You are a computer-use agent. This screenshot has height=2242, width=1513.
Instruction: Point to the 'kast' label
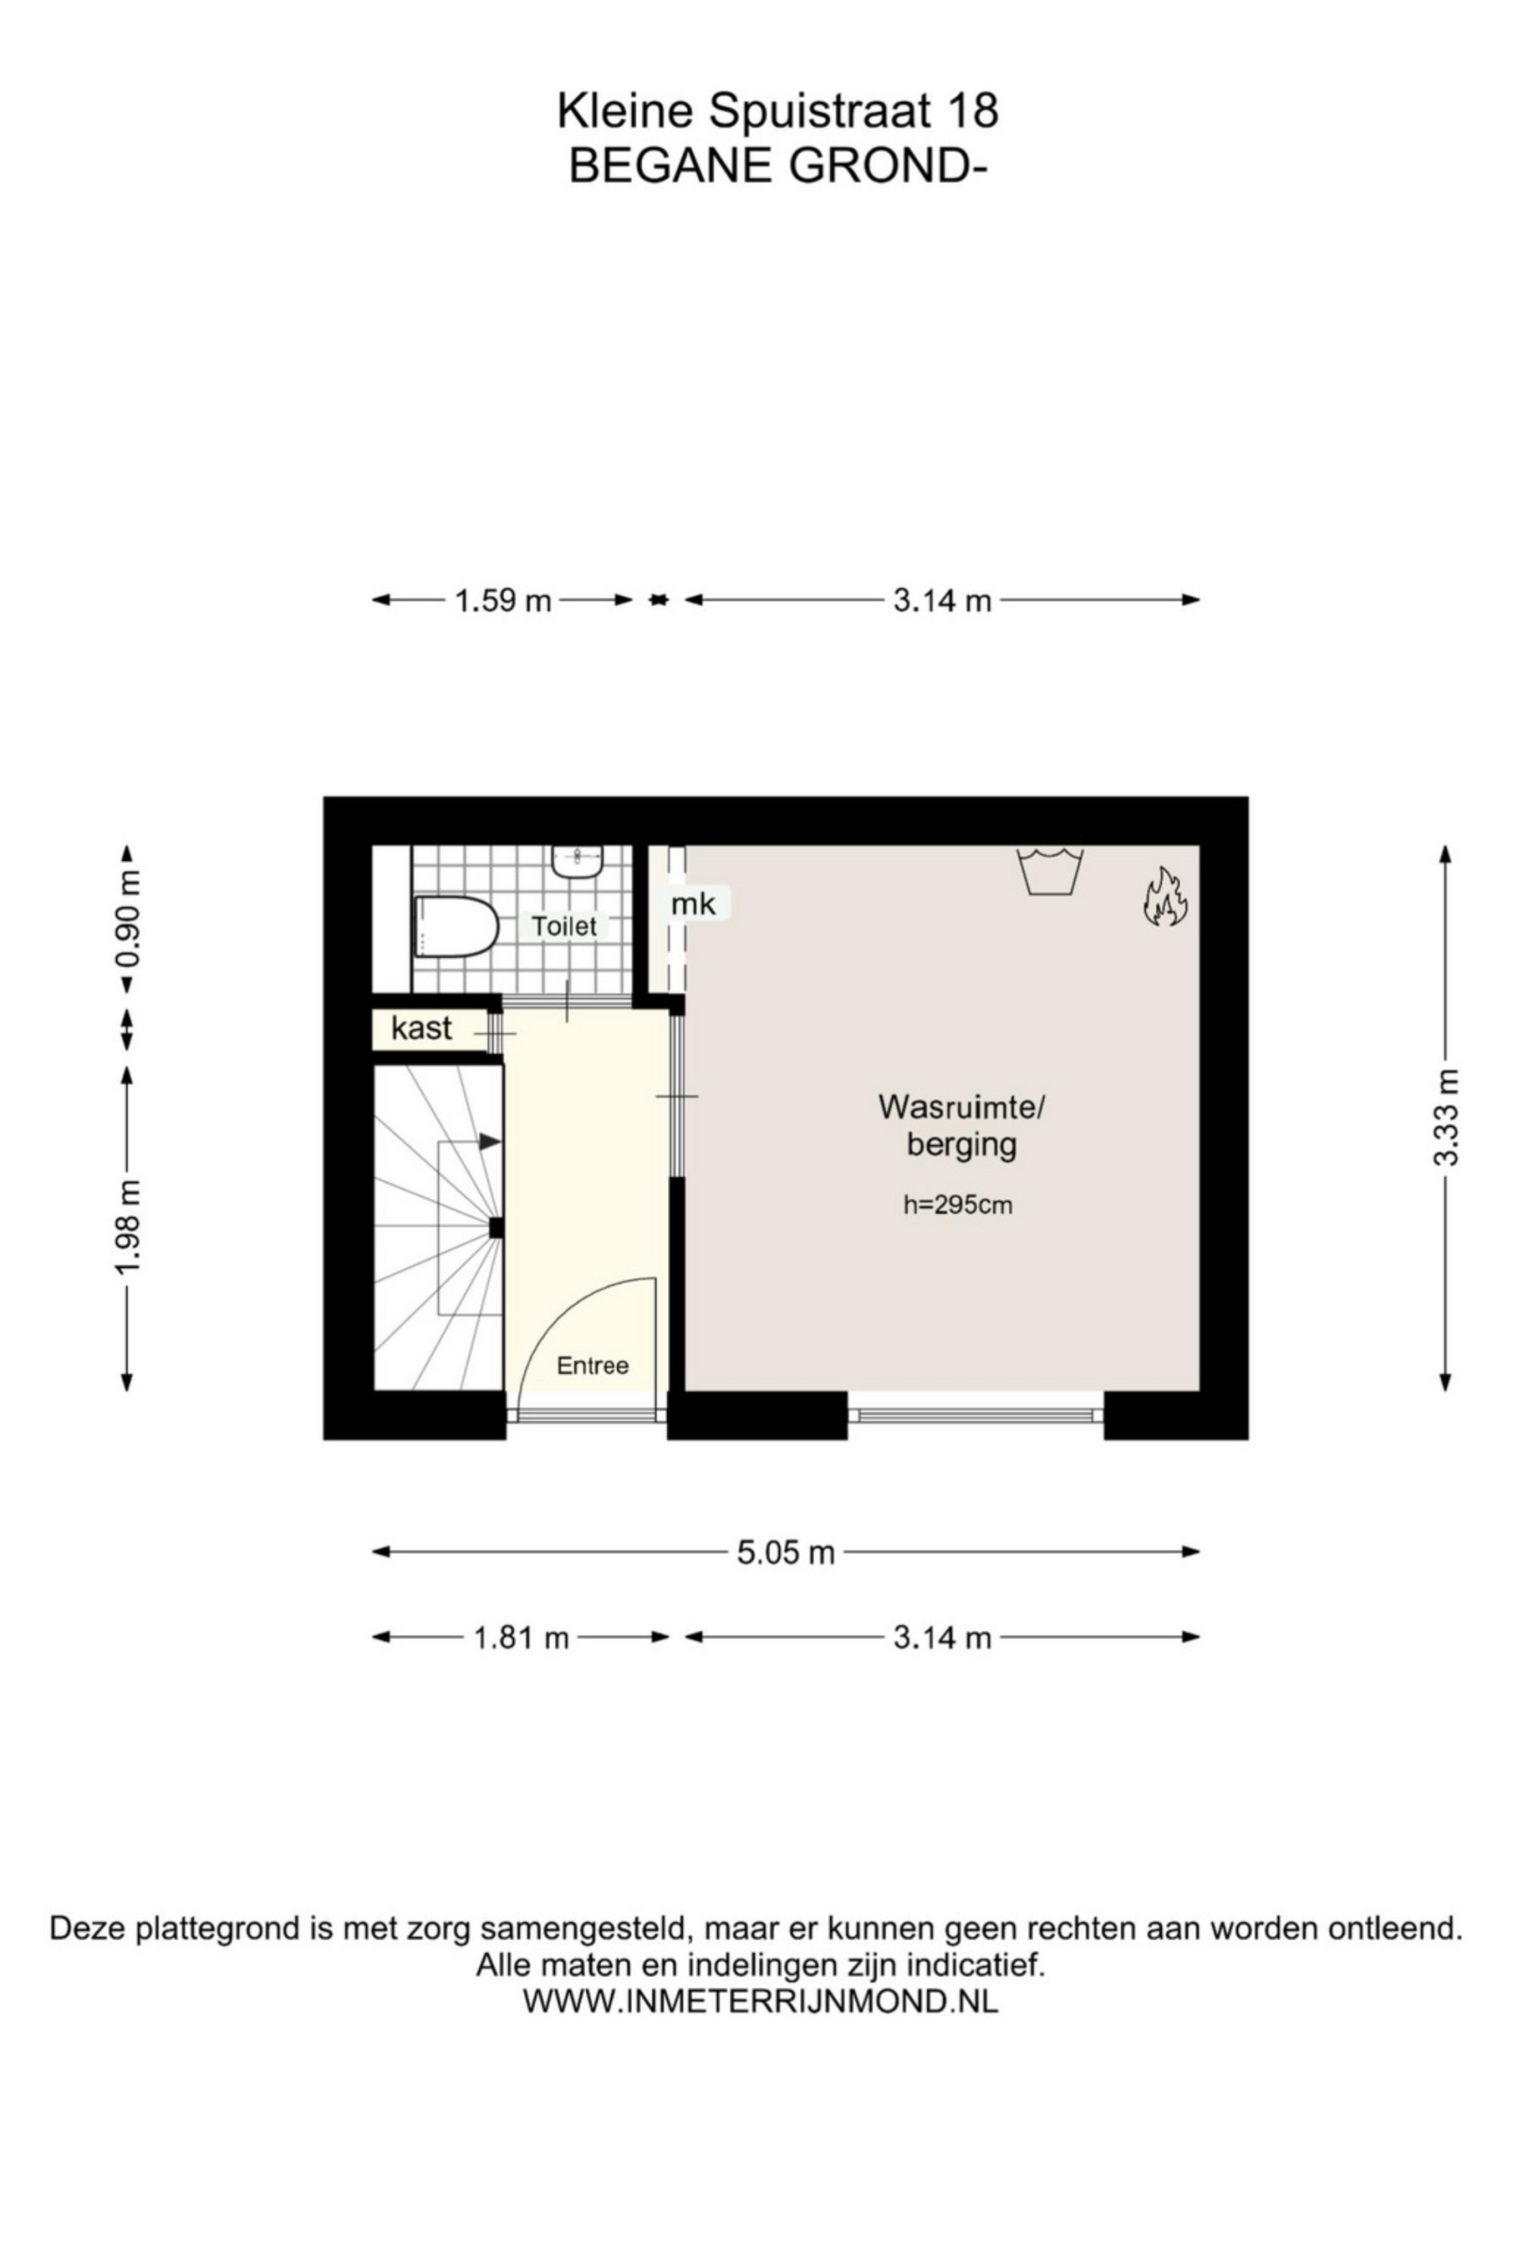[421, 1027]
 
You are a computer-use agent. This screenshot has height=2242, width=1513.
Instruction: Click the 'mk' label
[693, 904]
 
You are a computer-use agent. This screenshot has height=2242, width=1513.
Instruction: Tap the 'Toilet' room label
[564, 926]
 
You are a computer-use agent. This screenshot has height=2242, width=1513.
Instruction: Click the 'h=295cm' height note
[958, 1205]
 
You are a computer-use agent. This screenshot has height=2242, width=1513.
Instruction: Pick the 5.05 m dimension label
[785, 1553]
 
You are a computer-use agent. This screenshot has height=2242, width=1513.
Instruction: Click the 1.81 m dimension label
[521, 1638]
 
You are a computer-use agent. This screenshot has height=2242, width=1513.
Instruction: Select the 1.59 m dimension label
[503, 601]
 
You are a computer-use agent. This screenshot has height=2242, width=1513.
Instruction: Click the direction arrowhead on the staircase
[489, 1141]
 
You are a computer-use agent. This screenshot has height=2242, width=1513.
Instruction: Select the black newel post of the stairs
[496, 1228]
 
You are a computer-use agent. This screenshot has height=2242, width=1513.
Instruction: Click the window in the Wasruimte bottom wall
[975, 1415]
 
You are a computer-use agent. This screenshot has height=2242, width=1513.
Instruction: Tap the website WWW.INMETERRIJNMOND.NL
[760, 2002]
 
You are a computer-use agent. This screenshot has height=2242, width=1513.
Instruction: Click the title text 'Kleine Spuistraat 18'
[778, 111]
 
